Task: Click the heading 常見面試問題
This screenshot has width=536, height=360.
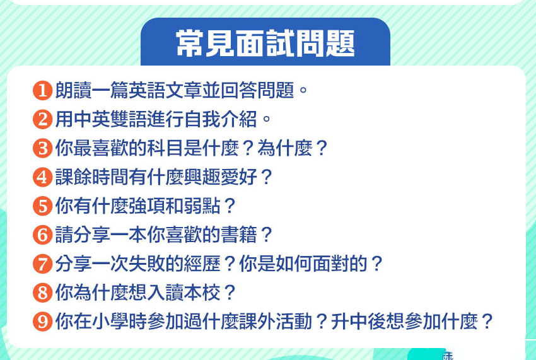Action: (265, 43)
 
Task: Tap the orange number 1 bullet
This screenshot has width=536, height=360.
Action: (42, 91)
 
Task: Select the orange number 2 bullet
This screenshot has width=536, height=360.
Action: (42, 119)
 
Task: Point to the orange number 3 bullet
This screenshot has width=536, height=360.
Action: (42, 149)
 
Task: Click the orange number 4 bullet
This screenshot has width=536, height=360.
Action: (42, 177)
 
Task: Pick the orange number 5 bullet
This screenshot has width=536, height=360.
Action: (42, 206)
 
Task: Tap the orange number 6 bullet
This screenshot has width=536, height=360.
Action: (42, 235)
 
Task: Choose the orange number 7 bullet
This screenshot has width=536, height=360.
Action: (42, 264)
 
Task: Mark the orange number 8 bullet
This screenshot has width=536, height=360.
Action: (42, 293)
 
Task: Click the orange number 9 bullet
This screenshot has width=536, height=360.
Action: (42, 322)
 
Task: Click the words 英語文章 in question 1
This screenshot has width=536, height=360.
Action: (175, 91)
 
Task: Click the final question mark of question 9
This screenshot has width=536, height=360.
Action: (486, 322)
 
